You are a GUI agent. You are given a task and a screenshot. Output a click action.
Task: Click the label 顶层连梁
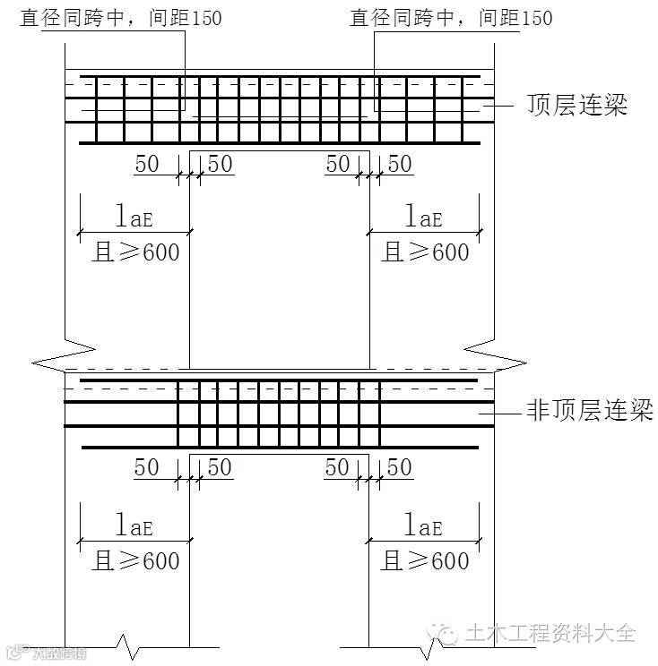pyautogui.click(x=576, y=106)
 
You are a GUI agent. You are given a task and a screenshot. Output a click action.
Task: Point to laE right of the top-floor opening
pyautogui.click(x=425, y=218)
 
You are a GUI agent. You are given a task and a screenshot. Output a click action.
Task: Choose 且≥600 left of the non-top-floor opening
pyautogui.click(x=136, y=561)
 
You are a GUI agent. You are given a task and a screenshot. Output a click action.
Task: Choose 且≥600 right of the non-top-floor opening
pyautogui.click(x=425, y=561)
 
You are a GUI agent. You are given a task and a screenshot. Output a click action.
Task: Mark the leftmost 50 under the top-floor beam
pyautogui.click(x=147, y=165)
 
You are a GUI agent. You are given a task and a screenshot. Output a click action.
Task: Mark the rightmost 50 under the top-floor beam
pyautogui.click(x=400, y=165)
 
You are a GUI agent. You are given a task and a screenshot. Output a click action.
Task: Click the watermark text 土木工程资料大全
pyautogui.click(x=550, y=634)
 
